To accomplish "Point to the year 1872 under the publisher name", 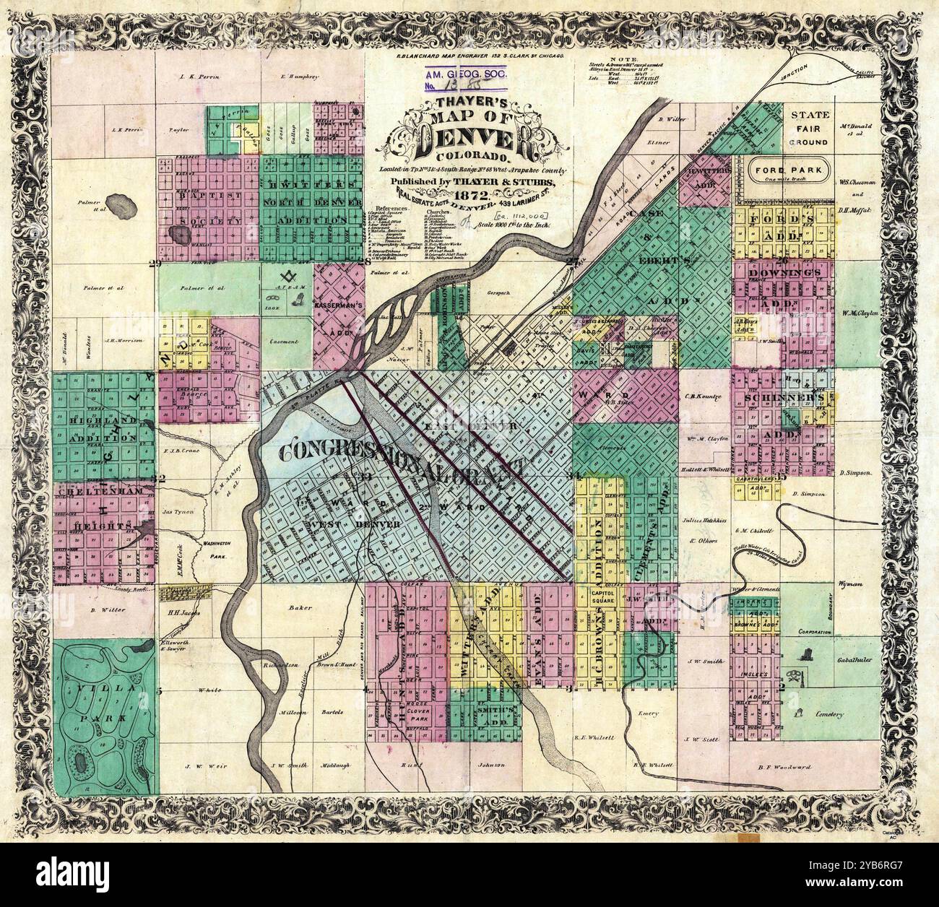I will click(472, 195).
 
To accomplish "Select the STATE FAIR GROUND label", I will click(810, 129).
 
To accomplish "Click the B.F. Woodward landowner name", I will click(784, 766).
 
